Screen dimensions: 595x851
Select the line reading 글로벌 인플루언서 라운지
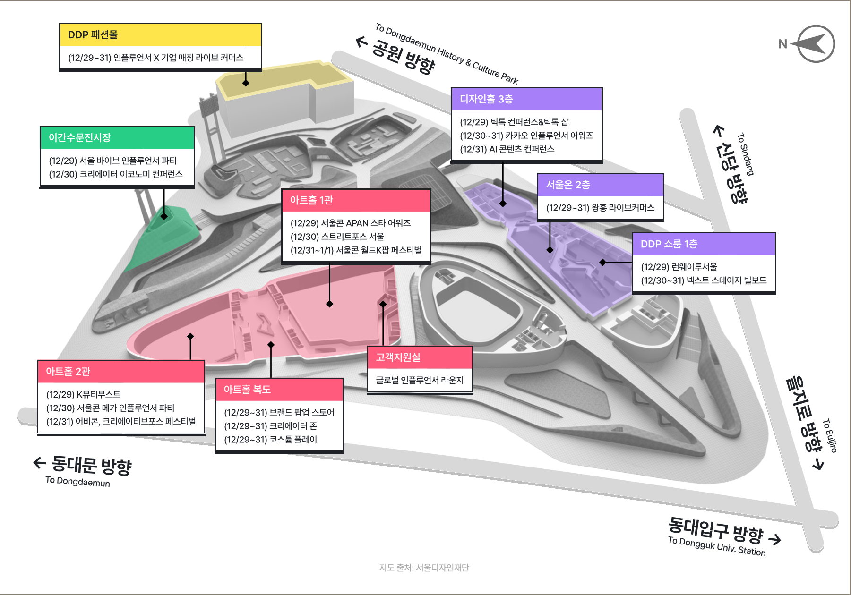point(420,380)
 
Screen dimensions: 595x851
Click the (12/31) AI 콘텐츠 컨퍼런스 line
point(507,149)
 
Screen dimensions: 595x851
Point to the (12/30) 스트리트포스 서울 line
point(337,237)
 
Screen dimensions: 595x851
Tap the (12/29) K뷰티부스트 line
point(83,394)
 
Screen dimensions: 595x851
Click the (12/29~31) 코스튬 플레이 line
point(270,440)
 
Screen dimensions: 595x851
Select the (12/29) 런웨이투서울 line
point(679,267)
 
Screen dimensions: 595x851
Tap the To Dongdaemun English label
point(77,482)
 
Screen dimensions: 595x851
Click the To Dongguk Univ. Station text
point(716,546)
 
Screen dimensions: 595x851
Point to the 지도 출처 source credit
point(424,568)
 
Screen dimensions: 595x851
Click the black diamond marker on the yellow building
point(246,83)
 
